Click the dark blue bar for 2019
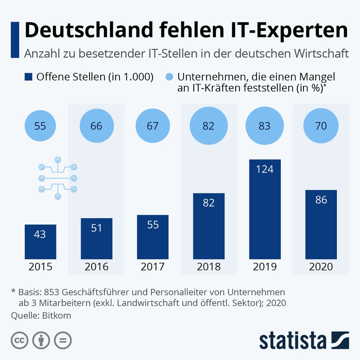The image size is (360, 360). [x=265, y=209]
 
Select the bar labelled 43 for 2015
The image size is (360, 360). [x=40, y=242]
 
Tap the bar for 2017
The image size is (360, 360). [x=153, y=237]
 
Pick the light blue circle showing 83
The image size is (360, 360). [x=265, y=126]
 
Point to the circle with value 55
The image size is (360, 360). [x=40, y=126]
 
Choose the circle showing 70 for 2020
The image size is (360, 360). [x=321, y=126]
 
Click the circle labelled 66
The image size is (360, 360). [x=97, y=126]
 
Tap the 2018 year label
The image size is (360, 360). [x=208, y=267]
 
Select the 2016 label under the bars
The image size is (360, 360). [x=97, y=267]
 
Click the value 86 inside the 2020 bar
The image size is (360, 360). [x=321, y=200]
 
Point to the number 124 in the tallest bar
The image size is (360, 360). [x=265, y=169]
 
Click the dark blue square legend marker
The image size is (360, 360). [x=28, y=77]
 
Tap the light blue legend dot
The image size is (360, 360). [x=169, y=77]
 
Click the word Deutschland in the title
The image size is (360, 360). [x=89, y=30]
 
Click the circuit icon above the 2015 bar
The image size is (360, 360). [x=58, y=178]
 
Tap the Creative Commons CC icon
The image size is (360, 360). [x=20, y=340]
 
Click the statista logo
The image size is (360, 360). [x=304, y=340]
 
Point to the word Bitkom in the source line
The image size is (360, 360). [x=57, y=315]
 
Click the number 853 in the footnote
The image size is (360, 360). [x=52, y=292]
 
